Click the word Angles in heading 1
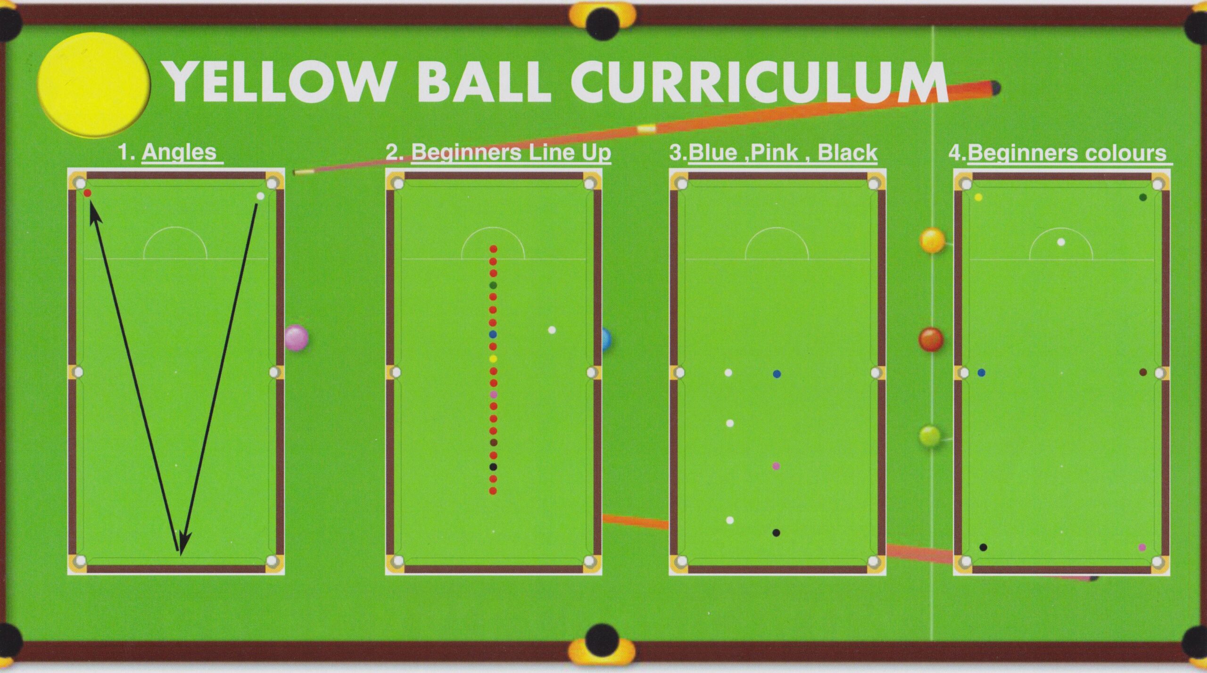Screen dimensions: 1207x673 click(x=179, y=152)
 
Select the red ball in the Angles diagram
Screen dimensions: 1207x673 click(x=87, y=193)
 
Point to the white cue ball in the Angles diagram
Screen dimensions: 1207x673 click(x=260, y=196)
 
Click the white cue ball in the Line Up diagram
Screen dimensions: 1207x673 click(x=552, y=330)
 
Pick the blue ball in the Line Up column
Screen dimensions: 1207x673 click(x=493, y=335)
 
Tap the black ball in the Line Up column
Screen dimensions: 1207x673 click(x=493, y=467)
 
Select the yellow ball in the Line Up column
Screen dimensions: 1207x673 click(x=493, y=359)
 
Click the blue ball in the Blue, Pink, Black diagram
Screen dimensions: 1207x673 click(x=777, y=374)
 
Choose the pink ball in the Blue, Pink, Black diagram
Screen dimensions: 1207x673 click(x=776, y=466)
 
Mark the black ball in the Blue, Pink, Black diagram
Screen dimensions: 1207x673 click(x=776, y=533)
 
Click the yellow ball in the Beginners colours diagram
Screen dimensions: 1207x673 click(x=978, y=197)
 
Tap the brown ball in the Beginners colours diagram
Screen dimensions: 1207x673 click(x=1143, y=372)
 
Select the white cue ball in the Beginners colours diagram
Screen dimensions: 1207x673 click(x=1061, y=242)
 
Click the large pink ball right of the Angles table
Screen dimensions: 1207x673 click(x=297, y=337)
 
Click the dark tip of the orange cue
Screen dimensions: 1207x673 click(x=995, y=88)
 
